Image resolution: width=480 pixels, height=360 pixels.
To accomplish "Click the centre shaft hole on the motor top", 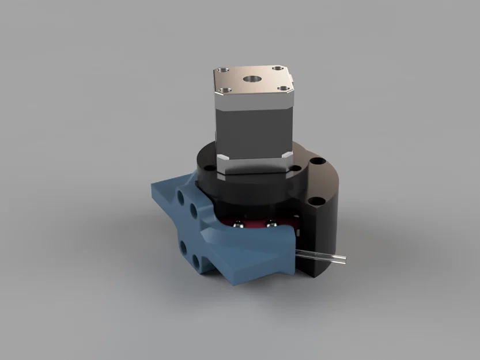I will pyautogui.click(x=252, y=78).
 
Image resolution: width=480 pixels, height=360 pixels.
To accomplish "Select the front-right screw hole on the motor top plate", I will pyautogui.click(x=284, y=89).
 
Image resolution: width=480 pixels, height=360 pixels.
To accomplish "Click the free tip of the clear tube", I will pyautogui.click(x=344, y=260).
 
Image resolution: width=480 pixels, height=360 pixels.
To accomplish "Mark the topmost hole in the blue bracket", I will pyautogui.click(x=183, y=196).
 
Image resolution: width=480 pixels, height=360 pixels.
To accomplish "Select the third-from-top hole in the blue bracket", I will pyautogui.click(x=183, y=248).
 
